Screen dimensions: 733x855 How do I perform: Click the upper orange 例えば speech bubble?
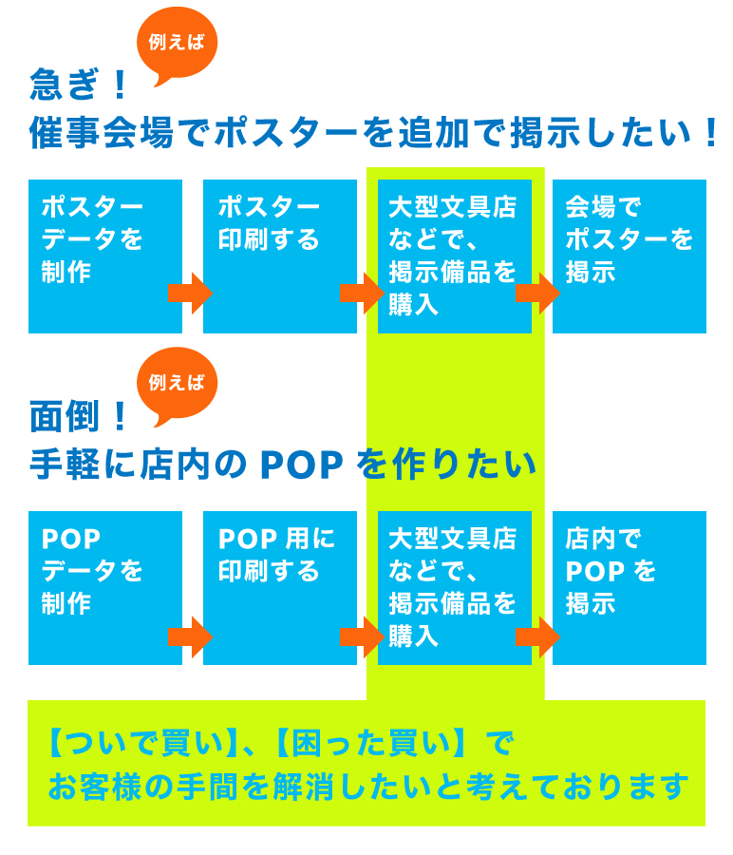coord(177,44)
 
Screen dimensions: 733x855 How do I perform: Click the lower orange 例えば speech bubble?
coord(177,385)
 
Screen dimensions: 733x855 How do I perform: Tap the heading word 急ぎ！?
coord(79,85)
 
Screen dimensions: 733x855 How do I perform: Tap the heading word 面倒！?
coord(79,417)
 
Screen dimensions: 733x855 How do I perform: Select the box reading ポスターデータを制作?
coord(105,256)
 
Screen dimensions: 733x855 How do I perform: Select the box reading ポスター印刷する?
coord(280,256)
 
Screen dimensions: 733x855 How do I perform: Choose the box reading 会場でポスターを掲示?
coord(630,256)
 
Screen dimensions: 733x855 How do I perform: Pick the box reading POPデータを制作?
coord(105,588)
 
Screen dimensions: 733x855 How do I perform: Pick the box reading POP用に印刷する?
coord(280,588)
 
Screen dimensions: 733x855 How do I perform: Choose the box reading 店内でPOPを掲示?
coord(630,588)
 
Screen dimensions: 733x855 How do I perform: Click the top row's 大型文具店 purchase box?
coord(455,256)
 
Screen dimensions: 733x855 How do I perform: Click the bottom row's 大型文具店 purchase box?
coord(455,588)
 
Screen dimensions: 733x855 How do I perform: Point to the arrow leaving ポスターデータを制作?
coord(190,294)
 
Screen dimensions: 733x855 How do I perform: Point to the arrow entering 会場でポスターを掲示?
coord(538,294)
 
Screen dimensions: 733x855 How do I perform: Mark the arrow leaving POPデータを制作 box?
coord(190,636)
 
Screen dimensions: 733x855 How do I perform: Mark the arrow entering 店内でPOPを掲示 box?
coord(538,636)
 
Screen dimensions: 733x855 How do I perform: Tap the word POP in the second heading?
coord(301,465)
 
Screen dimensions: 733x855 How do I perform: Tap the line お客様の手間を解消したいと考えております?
coord(368,787)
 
